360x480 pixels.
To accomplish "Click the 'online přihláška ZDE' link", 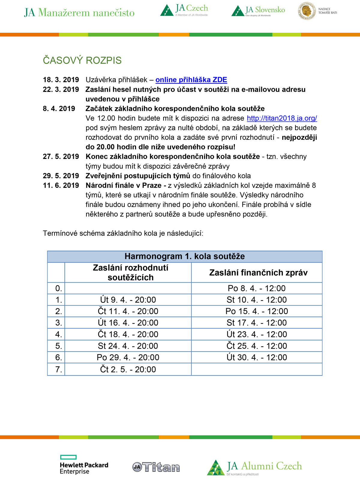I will (x=191, y=80).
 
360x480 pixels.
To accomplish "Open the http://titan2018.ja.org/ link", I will (x=282, y=118).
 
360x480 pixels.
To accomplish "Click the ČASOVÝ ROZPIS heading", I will (x=82, y=60).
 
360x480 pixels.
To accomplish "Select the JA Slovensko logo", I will (x=258, y=11).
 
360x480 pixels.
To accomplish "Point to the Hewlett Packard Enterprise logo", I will (x=84, y=465).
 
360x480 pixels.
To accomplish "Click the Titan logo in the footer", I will (x=156, y=467).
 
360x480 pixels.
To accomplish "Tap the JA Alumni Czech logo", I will (x=254, y=467).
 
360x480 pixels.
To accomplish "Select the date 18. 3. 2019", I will (x=61, y=80).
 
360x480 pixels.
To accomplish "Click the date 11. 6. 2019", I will (x=61, y=185).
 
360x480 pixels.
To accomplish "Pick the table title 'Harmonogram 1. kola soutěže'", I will (x=184, y=256).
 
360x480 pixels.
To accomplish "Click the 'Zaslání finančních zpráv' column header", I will (x=258, y=273).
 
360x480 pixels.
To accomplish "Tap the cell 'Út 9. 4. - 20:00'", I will (x=128, y=300).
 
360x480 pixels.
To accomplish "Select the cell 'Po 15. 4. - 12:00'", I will (x=257, y=311).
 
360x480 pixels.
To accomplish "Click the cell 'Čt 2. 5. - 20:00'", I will (x=128, y=369).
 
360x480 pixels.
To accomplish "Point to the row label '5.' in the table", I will (x=58, y=346).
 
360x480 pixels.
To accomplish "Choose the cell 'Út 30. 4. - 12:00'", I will (x=257, y=357).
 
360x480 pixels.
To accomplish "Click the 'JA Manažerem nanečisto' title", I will (x=79, y=13).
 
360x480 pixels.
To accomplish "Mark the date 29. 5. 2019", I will (x=61, y=176).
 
